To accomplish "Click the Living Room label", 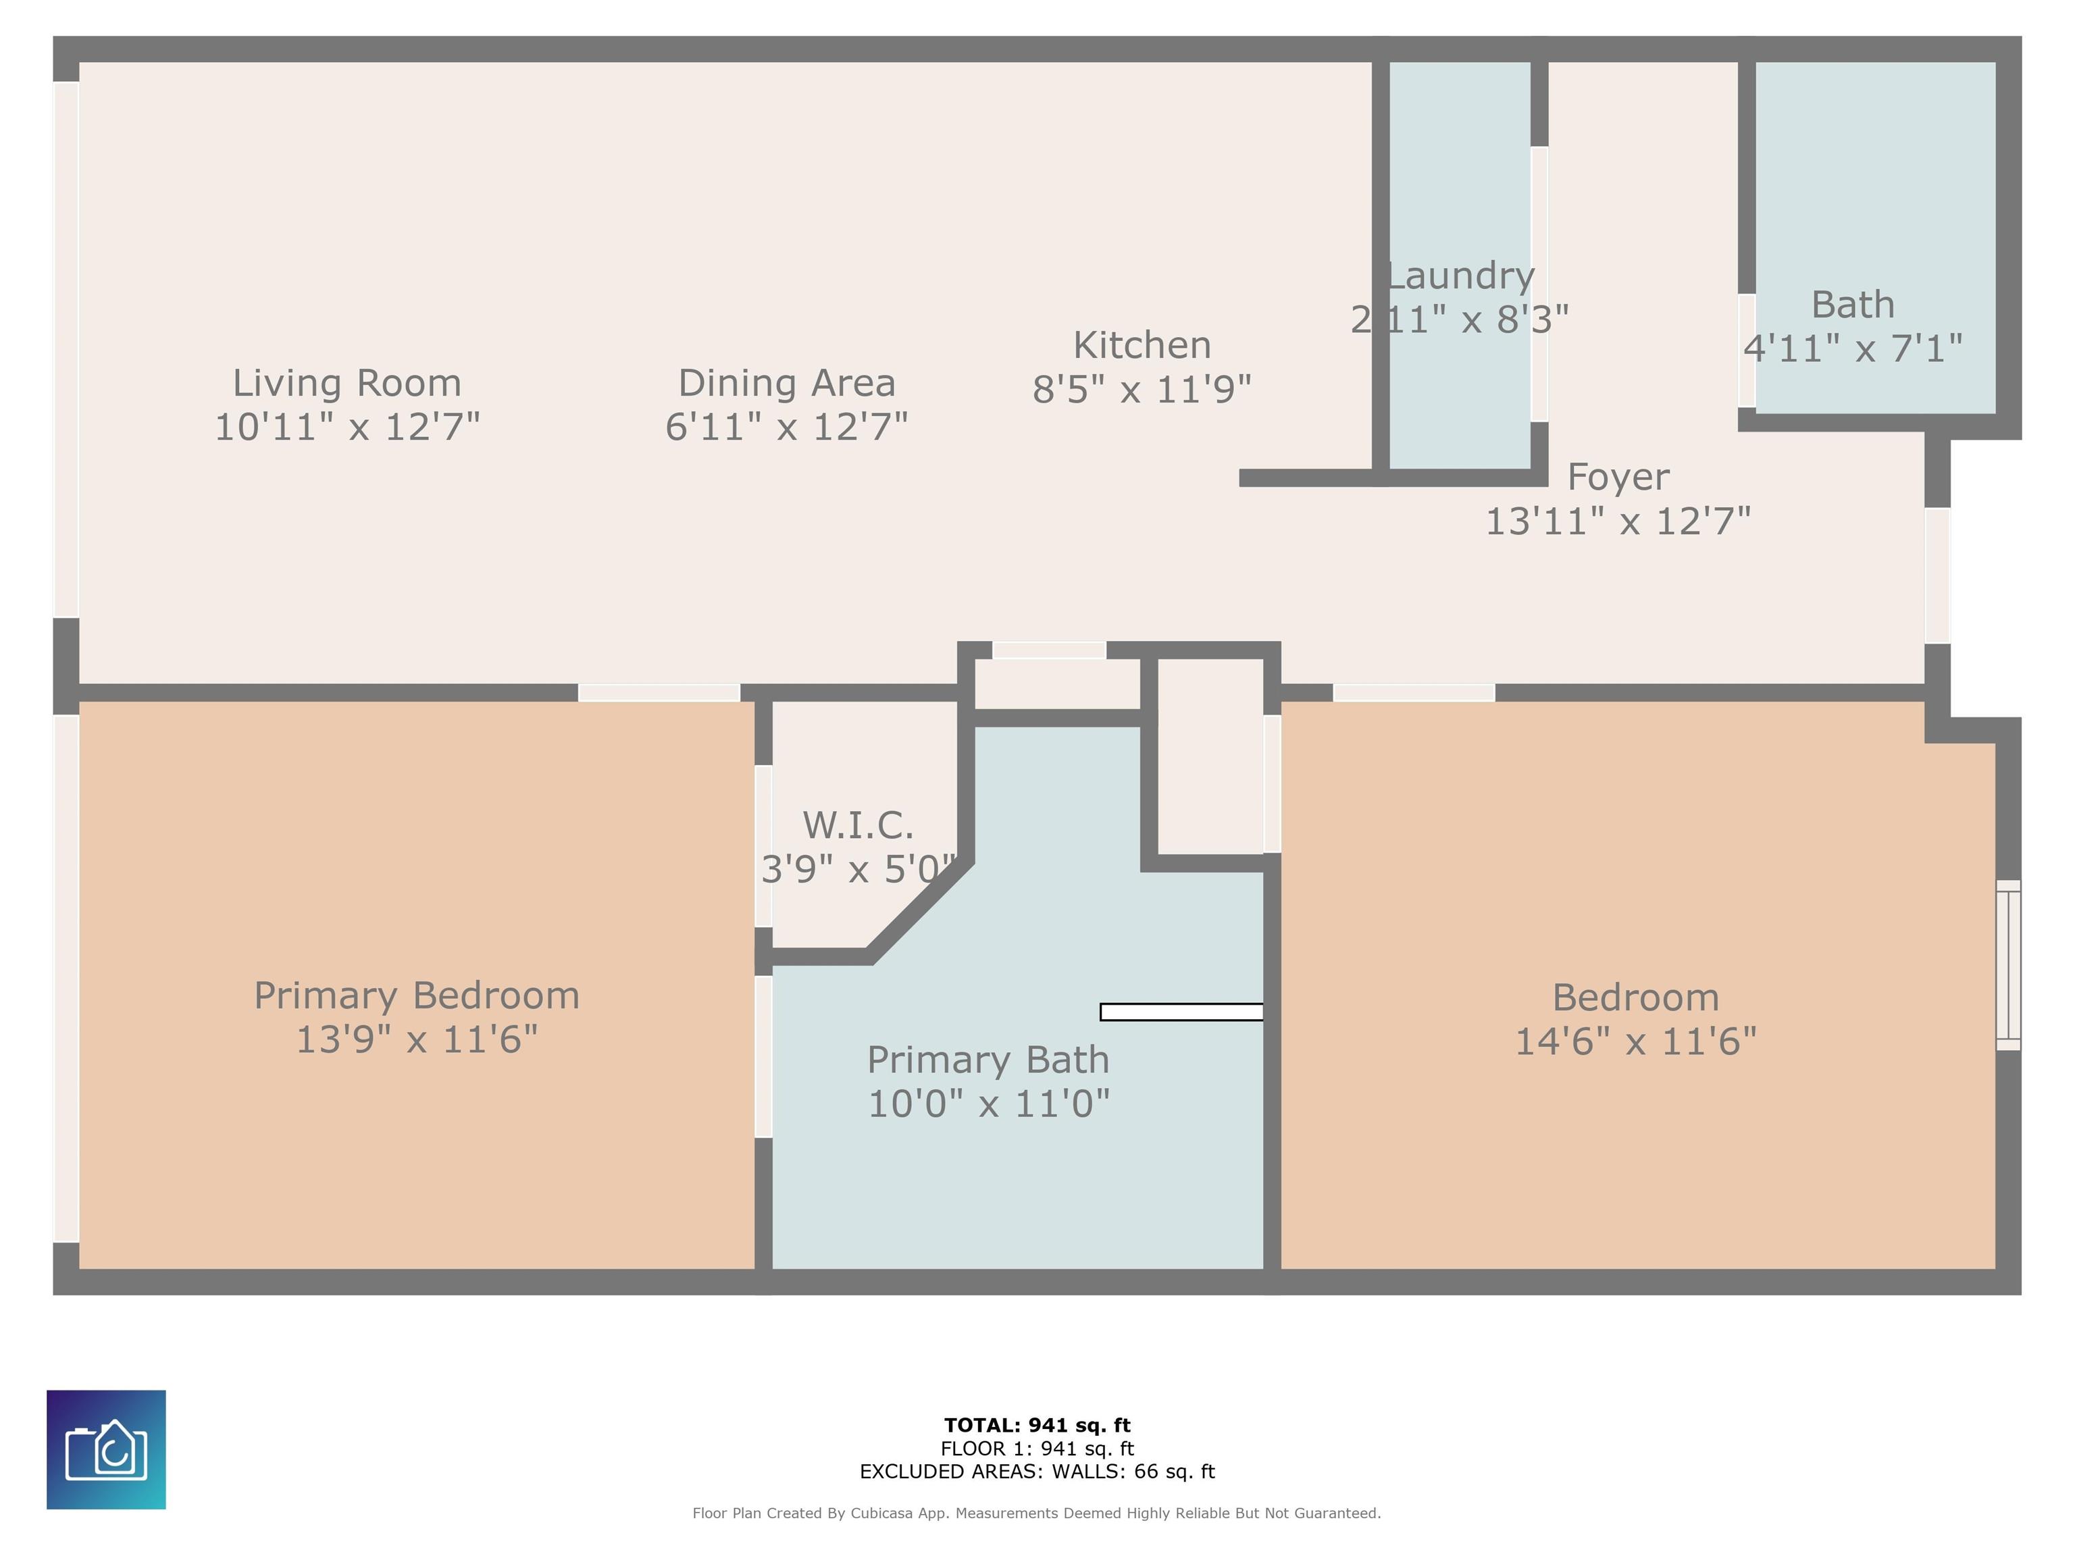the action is (347, 383).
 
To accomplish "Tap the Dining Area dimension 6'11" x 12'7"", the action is (786, 427).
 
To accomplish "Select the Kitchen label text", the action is (1142, 345).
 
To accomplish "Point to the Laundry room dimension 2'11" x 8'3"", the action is (1460, 320).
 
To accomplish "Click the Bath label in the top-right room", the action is (1853, 305).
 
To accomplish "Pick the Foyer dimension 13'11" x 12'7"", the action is (1618, 521).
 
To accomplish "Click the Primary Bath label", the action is (988, 1060).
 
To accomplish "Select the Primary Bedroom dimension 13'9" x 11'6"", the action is (417, 1039).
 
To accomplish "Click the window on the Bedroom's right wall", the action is (2007, 965).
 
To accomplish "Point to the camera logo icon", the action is (106, 1449).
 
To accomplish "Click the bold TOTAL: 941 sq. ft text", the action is (1037, 1426).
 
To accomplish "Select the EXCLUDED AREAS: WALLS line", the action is (1037, 1472).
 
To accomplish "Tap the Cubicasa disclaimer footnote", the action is (1037, 1513).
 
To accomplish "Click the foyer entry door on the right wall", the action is (1937, 575).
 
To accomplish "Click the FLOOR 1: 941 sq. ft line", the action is (1037, 1449).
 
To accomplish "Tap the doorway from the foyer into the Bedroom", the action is (1414, 693).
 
